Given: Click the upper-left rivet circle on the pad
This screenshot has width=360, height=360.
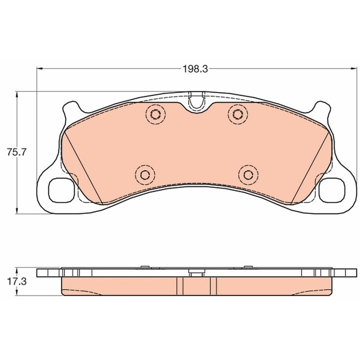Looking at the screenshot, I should [154, 114].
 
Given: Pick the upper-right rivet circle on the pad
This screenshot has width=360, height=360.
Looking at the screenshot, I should [236, 114].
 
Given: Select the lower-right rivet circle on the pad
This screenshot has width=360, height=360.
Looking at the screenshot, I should [247, 174].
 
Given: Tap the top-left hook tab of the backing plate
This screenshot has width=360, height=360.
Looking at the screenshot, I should [70, 106].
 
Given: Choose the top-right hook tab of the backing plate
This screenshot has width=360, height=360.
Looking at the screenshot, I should [321, 106].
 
